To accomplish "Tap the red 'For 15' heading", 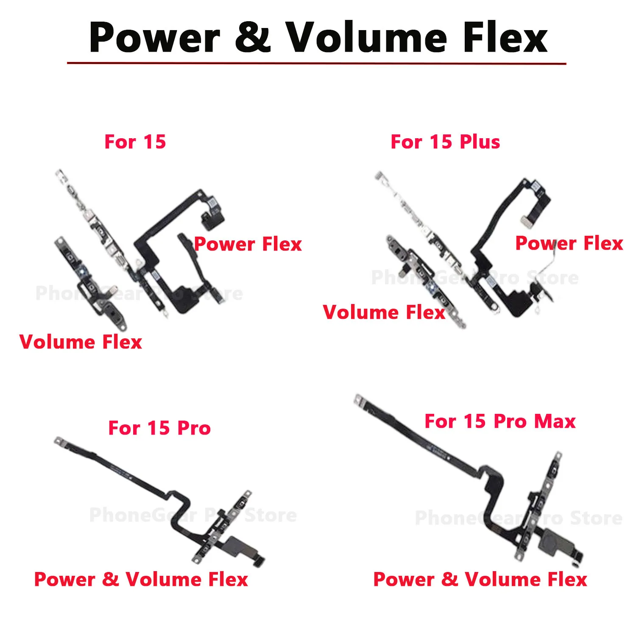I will (135, 142).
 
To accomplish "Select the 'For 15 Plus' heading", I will (445, 142).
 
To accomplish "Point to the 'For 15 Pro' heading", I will (159, 428).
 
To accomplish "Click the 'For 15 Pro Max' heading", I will (500, 421).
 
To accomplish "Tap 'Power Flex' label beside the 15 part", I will (248, 244).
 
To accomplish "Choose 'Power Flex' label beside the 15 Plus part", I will (569, 243).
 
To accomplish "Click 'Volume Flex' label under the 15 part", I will (81, 342).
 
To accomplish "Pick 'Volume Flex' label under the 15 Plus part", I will (384, 312).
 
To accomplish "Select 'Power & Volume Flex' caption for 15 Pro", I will (141, 579).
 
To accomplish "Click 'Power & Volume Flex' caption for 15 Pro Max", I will (480, 579).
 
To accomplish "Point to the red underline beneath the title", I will (316, 63).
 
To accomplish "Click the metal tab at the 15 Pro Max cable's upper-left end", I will (360, 400).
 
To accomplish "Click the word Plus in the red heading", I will (480, 142).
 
